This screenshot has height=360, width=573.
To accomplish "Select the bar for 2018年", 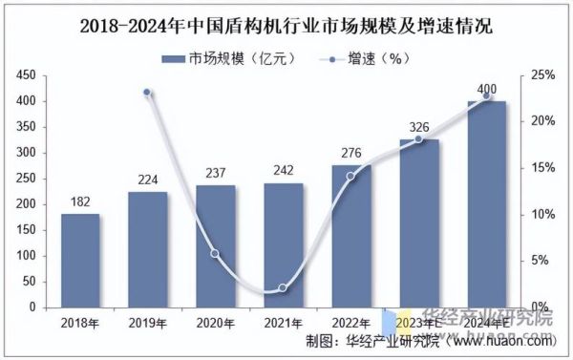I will [80, 260].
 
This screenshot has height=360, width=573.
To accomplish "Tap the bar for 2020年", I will [215, 246].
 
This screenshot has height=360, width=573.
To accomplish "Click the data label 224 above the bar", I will [148, 180].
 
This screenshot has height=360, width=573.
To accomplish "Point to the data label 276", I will [350, 153].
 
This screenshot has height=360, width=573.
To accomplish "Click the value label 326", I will [418, 127].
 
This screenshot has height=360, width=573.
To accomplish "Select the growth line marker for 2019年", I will [148, 93].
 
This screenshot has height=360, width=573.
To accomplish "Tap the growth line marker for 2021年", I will [283, 287].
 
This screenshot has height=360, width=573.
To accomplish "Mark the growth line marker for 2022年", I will [350, 176].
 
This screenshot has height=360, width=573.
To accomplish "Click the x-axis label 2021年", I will [283, 323].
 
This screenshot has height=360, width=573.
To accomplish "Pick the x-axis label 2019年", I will [148, 323].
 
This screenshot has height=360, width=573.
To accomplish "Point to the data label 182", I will [80, 201].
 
